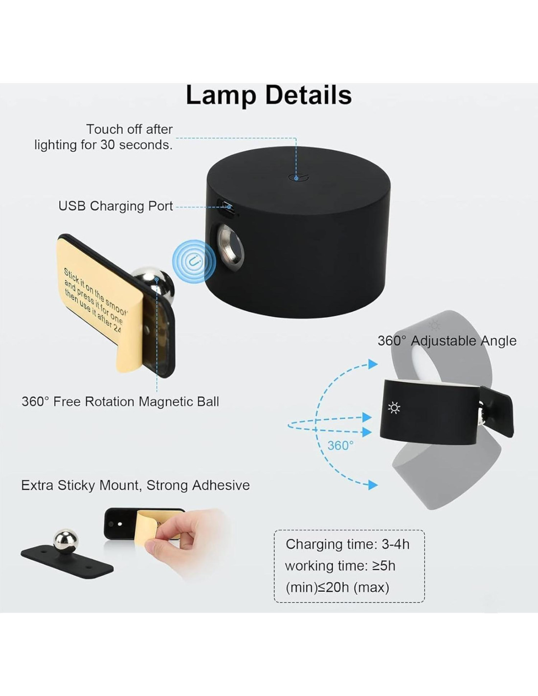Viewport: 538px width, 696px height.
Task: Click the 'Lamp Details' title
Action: coord(269,95)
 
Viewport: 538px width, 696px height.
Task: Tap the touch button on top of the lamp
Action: coord(296,178)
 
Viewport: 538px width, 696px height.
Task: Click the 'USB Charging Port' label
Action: coord(115,206)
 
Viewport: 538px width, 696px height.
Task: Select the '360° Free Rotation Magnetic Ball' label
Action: coord(120,401)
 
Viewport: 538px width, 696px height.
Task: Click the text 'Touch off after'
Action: coord(129,129)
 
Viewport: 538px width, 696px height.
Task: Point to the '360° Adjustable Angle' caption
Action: coord(447,341)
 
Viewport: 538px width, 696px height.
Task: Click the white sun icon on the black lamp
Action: coord(394,408)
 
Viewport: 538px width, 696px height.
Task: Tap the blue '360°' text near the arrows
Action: coord(340,445)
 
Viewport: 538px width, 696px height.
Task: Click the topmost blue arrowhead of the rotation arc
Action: coord(373,364)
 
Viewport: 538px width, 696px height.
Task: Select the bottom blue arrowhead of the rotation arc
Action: coord(373,485)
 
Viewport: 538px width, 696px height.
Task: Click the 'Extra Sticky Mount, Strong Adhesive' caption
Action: coord(135,485)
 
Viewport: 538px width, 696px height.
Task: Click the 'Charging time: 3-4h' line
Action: coord(347,544)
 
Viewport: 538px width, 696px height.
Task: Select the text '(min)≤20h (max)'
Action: coord(337,587)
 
